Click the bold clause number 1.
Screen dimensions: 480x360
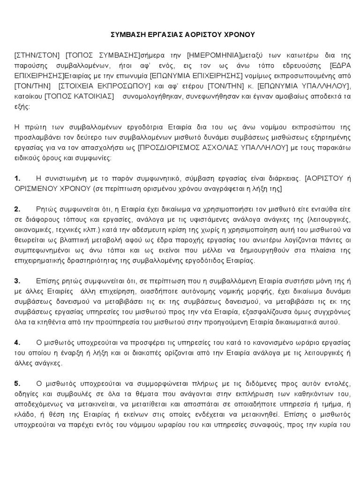pos(17,179)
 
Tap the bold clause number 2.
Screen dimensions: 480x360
pos(17,209)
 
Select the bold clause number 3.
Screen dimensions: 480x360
pos(17,281)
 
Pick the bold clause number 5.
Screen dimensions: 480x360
pos(17,383)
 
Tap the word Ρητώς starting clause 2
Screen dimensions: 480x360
pos(45,209)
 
